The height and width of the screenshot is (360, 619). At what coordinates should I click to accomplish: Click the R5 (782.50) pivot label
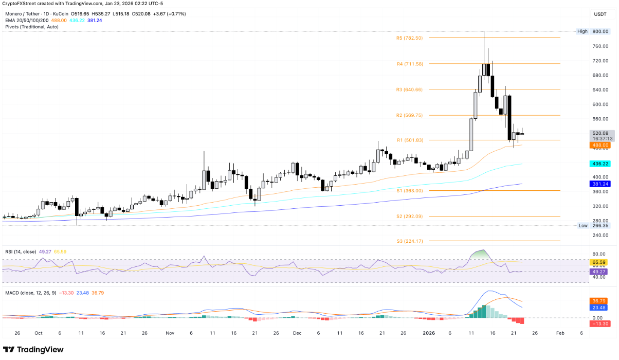409,38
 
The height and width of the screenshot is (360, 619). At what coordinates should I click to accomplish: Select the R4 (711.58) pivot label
409,64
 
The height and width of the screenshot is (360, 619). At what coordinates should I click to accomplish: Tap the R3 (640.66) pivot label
409,89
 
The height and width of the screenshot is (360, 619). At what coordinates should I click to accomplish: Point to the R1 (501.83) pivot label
409,140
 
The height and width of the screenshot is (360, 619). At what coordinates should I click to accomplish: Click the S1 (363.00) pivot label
410,190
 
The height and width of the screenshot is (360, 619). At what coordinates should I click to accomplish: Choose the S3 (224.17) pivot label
410,241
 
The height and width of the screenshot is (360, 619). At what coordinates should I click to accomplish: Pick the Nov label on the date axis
170,333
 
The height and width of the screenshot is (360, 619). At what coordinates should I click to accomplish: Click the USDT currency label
600,14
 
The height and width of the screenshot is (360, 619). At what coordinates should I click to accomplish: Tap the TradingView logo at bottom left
33,350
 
